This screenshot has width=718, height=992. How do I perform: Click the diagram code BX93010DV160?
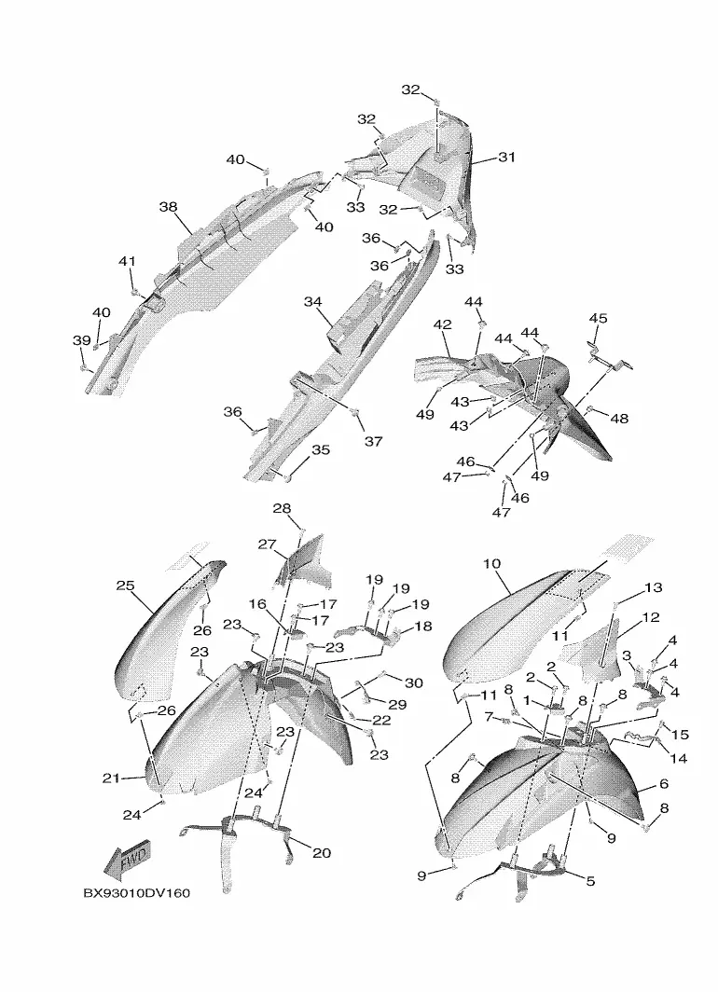tap(136, 893)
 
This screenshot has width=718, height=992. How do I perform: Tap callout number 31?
tap(506, 158)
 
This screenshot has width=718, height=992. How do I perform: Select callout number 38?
tap(168, 207)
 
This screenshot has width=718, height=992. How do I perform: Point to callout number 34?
tap(312, 302)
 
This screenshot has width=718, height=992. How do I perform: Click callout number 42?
tap(442, 324)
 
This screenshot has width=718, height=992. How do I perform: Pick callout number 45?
tap(598, 319)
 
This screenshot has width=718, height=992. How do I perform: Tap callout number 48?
tap(619, 419)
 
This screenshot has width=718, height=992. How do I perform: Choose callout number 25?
tap(126, 586)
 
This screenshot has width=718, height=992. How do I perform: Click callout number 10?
tap(492, 563)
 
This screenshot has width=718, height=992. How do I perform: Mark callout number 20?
tap(322, 852)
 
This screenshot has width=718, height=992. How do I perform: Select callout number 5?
tap(590, 880)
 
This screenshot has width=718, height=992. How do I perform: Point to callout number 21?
tap(112, 778)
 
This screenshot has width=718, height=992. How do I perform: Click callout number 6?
tap(664, 784)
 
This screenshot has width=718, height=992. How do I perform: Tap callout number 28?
tap(282, 508)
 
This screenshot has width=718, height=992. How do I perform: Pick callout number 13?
tap(653, 587)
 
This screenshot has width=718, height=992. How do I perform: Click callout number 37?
tap(373, 441)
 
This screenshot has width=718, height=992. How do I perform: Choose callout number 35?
tap(321, 450)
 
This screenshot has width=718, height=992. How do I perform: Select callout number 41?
tap(127, 262)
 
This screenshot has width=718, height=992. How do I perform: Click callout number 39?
tap(81, 341)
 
